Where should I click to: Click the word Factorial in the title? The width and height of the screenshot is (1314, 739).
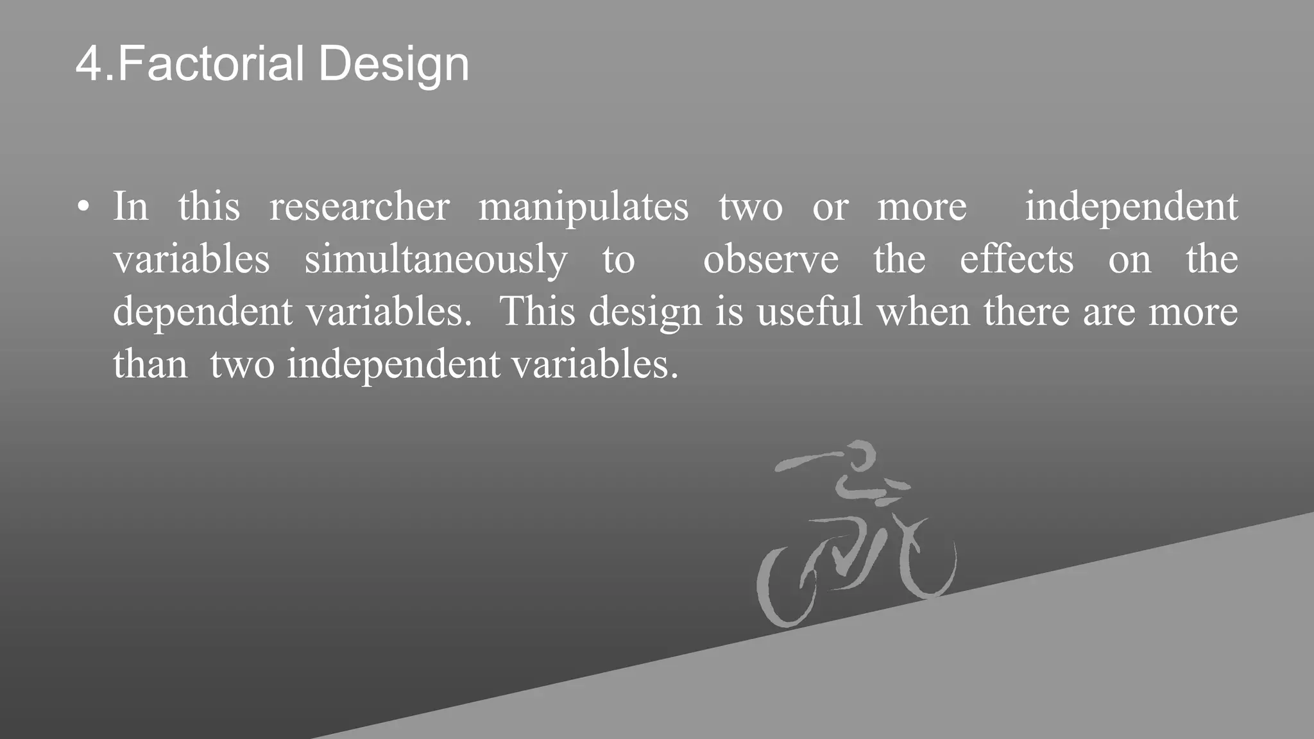point(211,64)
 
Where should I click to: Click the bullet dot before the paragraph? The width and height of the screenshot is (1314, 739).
point(83,208)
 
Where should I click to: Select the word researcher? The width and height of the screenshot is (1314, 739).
point(359,207)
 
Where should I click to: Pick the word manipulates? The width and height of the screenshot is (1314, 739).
point(583,208)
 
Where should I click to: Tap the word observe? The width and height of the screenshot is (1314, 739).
point(771,260)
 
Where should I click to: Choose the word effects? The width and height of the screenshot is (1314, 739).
point(1016,260)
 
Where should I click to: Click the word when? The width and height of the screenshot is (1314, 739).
point(923,312)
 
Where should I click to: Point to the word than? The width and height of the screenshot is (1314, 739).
point(150,364)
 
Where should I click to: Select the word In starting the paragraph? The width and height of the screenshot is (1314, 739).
point(130,207)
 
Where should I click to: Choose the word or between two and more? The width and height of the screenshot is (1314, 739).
point(830,208)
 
